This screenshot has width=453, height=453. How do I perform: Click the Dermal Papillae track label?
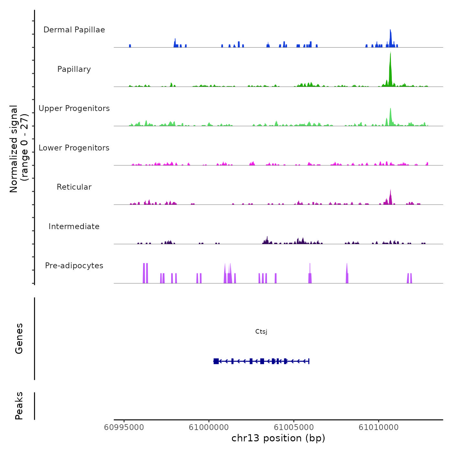click(x=74, y=30)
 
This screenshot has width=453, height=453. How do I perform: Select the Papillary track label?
click(x=74, y=69)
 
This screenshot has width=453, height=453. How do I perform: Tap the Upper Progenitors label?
click(x=74, y=108)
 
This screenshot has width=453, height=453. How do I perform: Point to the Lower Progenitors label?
click(x=74, y=148)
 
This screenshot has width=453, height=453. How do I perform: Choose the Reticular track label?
click(x=74, y=187)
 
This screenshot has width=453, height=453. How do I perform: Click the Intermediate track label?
click(x=74, y=226)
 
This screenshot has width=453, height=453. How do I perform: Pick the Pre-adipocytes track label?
click(x=74, y=266)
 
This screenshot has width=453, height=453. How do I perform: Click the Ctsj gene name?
click(x=261, y=332)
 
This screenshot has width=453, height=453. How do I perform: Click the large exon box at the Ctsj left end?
click(x=216, y=361)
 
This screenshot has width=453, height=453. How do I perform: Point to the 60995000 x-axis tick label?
click(x=124, y=427)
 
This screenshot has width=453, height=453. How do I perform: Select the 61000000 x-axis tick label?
click(x=209, y=427)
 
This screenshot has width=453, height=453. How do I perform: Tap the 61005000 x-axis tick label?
click(x=294, y=427)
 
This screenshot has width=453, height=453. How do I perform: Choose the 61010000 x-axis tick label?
click(x=379, y=427)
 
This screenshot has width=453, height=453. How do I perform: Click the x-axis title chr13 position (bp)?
click(x=278, y=438)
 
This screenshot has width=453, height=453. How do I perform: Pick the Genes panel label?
click(x=19, y=338)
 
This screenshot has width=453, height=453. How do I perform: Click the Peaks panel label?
click(x=19, y=405)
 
